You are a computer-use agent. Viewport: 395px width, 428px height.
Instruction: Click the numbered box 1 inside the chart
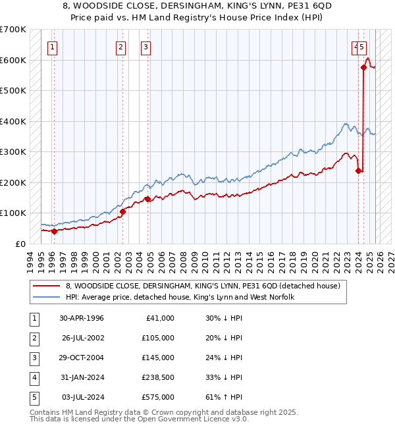[52, 47]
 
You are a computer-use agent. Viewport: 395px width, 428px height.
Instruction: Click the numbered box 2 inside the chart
[121, 47]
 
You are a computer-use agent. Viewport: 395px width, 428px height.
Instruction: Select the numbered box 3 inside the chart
[145, 47]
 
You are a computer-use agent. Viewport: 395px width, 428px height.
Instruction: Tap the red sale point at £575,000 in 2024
[363, 67]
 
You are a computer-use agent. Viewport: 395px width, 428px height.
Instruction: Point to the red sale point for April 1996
[54, 231]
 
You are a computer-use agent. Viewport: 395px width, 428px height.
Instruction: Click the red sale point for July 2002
[123, 212]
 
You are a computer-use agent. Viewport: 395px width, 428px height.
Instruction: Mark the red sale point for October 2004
[148, 200]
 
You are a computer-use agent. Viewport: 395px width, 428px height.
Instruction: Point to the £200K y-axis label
[13, 182]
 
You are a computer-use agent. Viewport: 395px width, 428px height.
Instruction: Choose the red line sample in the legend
[47, 286]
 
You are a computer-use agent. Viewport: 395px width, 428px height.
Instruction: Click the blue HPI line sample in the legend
[47, 298]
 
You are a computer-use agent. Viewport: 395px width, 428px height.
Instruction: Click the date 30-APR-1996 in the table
[82, 318]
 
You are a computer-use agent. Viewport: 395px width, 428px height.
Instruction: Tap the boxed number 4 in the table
[34, 377]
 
